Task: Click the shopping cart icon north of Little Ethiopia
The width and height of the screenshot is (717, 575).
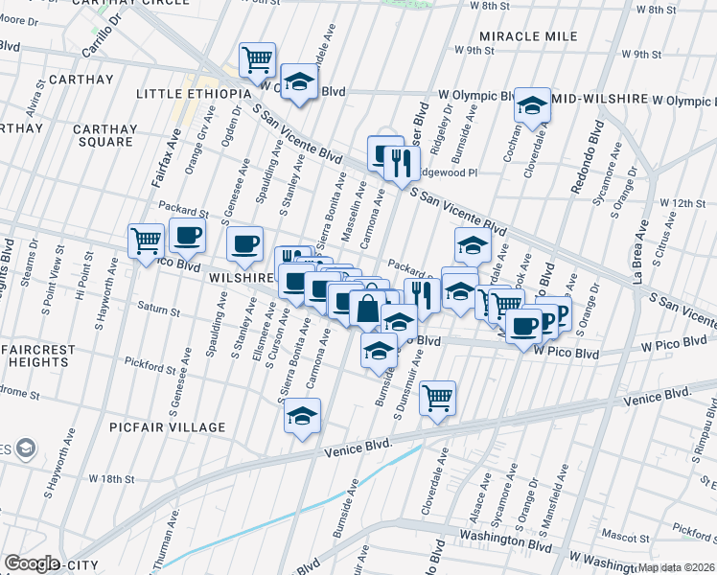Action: click(257, 60)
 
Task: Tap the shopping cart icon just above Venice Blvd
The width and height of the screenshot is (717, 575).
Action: click(437, 397)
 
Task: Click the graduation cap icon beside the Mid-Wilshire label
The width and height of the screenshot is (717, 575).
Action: click(530, 105)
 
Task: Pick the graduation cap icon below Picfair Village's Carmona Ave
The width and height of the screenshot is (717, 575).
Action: click(302, 416)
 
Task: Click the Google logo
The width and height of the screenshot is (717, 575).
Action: click(32, 563)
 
